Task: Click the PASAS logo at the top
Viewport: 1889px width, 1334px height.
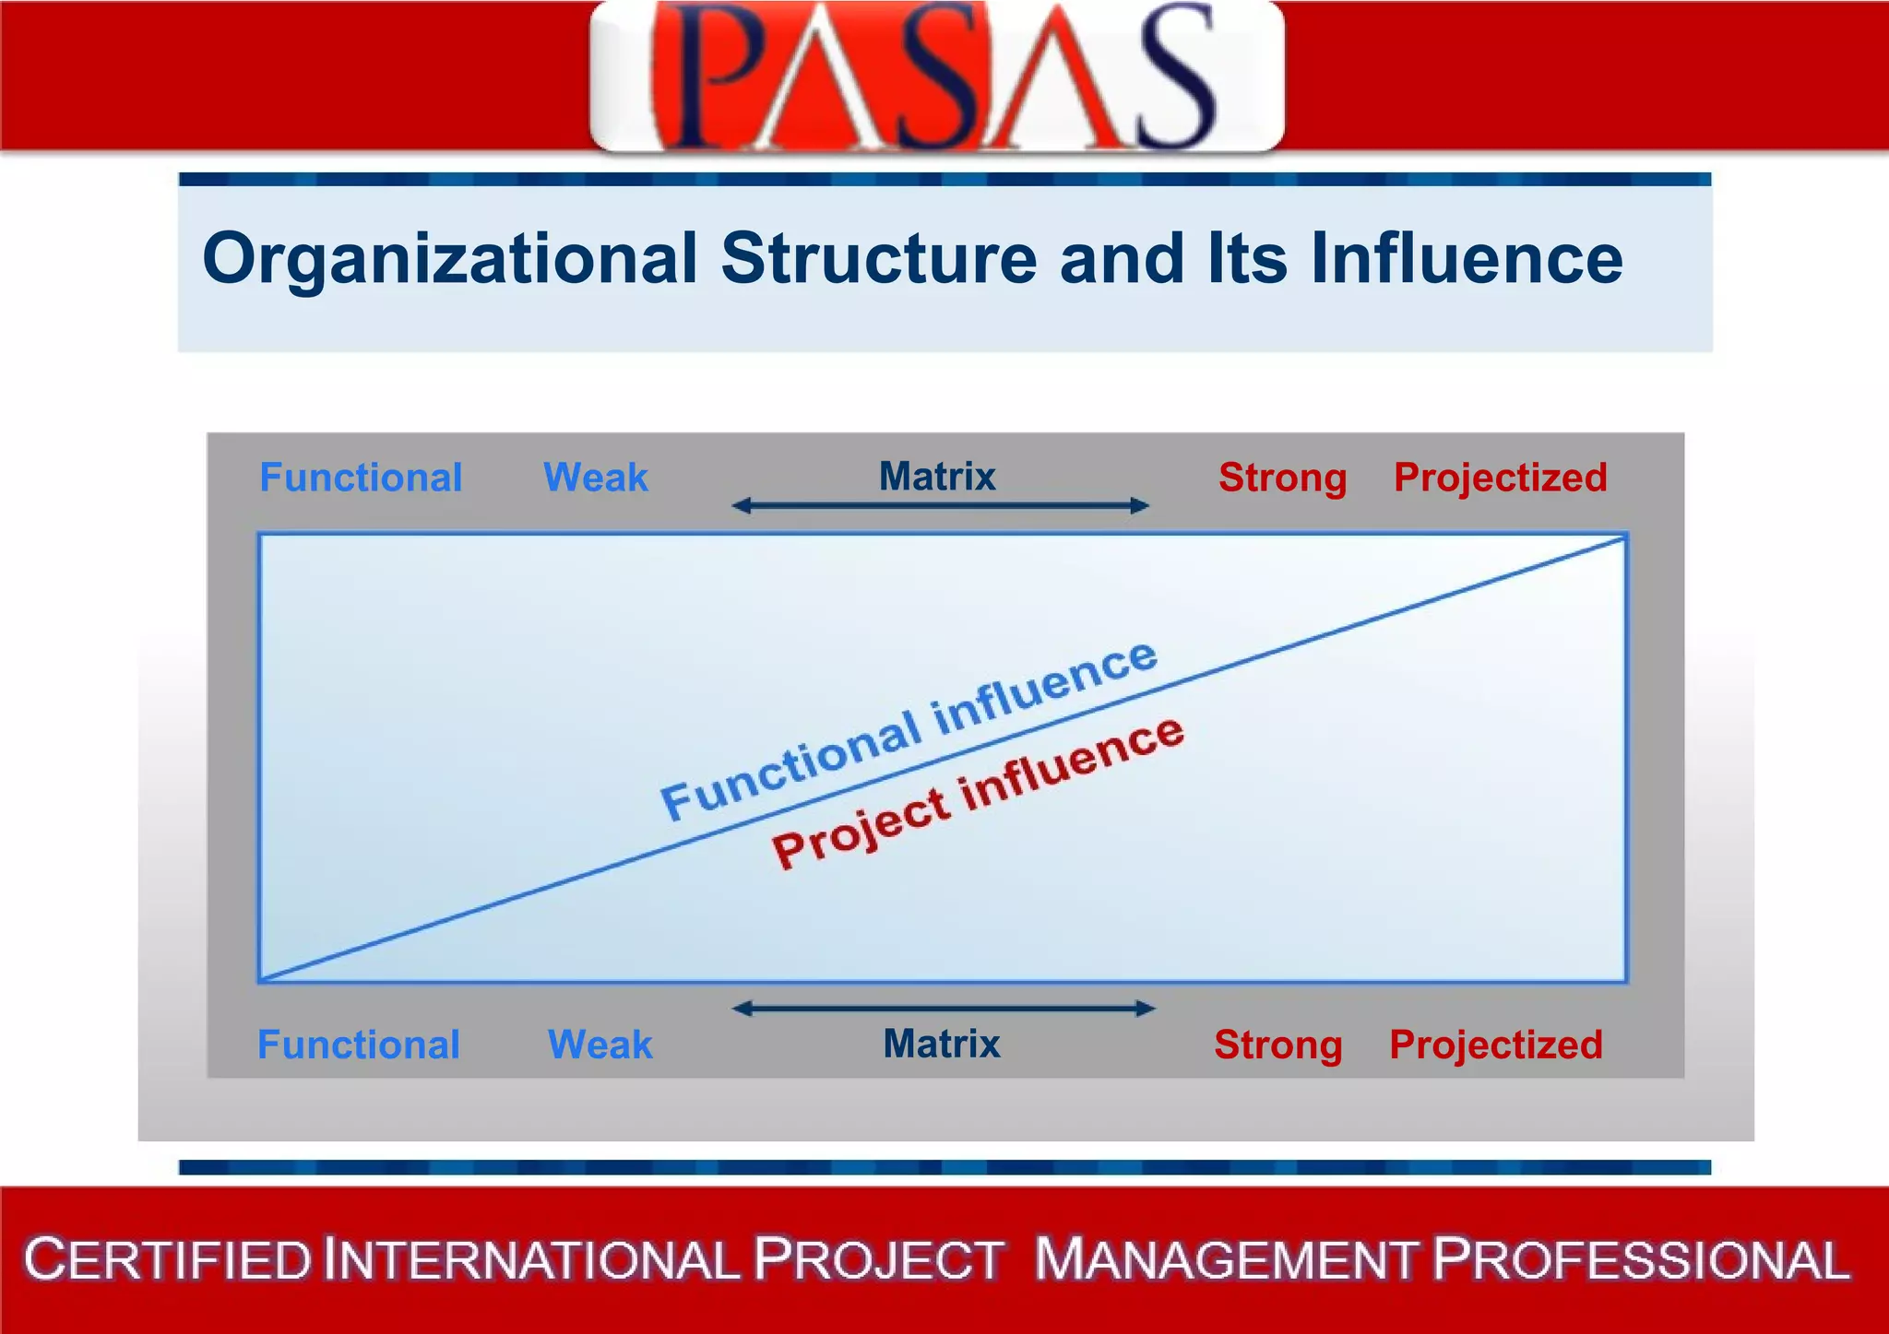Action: [936, 76]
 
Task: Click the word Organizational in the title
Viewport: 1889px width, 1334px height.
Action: [449, 259]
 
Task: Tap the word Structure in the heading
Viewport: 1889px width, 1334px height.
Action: [879, 259]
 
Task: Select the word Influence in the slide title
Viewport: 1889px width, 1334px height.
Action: [1467, 259]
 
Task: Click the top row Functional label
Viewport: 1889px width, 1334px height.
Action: [361, 478]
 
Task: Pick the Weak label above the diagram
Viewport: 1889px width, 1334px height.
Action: [596, 478]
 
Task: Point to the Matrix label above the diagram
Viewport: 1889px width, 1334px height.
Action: [937, 477]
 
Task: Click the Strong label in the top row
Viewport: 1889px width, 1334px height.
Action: [1282, 478]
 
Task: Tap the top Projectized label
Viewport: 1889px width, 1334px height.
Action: [1501, 478]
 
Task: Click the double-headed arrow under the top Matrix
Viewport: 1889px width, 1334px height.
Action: [940, 505]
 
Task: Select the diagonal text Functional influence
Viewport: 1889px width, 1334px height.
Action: [909, 730]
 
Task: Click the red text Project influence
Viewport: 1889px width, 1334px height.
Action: [979, 792]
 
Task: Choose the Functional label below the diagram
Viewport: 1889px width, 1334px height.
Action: [359, 1045]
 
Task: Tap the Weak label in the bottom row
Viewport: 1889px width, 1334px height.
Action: [600, 1045]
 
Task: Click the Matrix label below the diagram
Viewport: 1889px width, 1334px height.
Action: [942, 1044]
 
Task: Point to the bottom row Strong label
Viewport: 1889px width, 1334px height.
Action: [1278, 1045]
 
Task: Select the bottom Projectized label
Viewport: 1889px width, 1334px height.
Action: [1496, 1045]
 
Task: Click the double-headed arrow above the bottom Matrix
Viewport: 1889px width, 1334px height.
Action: [944, 1009]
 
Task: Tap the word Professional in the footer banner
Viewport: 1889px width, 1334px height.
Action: [1641, 1259]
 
